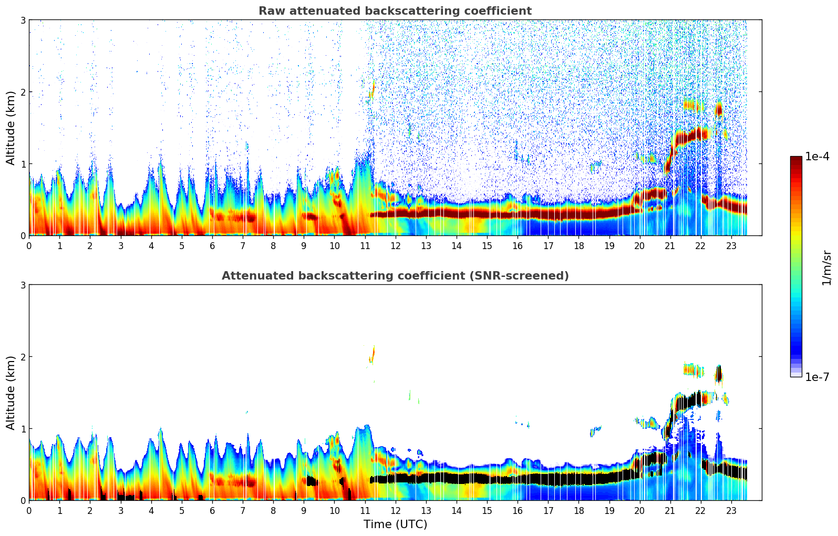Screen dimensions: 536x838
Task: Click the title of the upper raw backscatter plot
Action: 395,11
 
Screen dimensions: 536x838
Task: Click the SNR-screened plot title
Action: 395,276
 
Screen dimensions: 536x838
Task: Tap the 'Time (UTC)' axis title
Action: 395,524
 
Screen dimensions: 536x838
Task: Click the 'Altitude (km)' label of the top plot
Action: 11,128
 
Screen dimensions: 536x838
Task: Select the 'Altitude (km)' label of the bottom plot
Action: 11,393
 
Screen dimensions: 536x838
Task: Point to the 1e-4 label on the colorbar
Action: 817,157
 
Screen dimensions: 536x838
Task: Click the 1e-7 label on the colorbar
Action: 817,377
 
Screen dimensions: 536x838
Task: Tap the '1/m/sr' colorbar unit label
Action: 826,267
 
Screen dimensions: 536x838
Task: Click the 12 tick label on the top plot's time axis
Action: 395,246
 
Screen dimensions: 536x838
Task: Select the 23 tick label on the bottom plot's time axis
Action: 731,511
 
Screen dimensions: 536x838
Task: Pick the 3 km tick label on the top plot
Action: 23,20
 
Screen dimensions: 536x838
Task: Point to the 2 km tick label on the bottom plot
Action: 23,357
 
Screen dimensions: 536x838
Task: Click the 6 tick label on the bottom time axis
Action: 212,511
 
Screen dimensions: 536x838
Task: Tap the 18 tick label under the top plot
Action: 578,246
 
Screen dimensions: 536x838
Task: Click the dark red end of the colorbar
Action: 796,159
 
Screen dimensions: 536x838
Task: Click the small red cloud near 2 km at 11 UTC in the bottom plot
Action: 373,354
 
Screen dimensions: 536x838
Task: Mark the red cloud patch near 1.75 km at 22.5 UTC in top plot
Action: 719,109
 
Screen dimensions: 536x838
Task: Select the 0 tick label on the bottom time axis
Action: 29,511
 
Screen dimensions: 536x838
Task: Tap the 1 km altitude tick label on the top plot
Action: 23,164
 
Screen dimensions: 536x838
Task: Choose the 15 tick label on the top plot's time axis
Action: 487,246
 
